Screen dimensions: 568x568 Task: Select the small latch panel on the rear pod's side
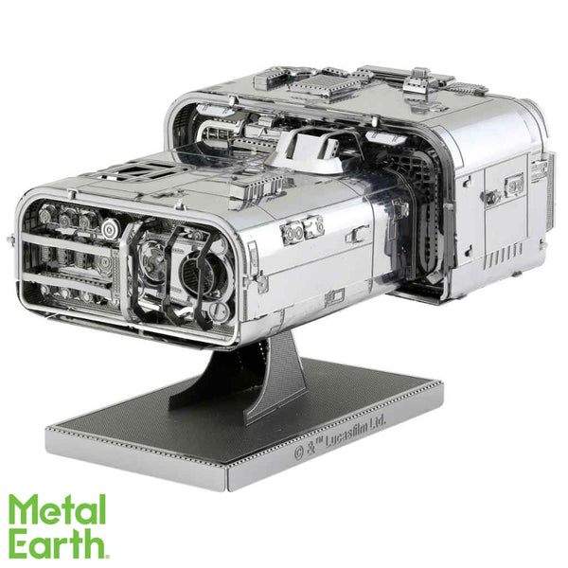(x=491, y=199)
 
